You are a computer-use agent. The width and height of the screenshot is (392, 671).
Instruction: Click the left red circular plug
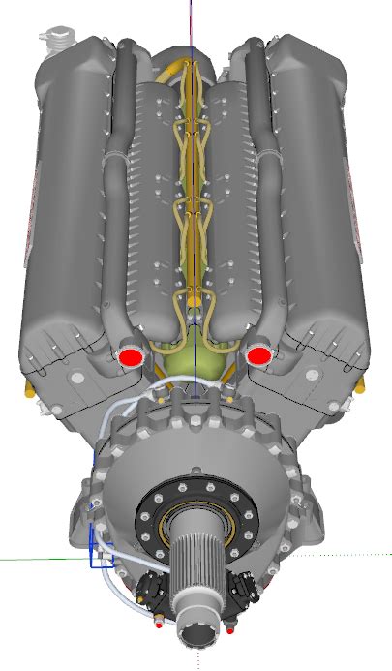(x=129, y=357)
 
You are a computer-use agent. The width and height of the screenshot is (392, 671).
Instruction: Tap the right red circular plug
(x=257, y=357)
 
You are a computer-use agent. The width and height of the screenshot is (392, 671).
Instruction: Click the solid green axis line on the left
(x=39, y=559)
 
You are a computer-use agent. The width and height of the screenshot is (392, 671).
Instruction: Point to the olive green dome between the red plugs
(x=194, y=358)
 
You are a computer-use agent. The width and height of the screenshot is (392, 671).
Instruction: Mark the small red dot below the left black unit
(x=159, y=624)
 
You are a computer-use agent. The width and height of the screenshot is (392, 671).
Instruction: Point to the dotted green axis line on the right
(x=348, y=555)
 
